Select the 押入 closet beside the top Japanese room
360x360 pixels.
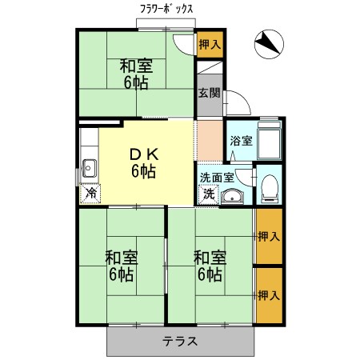(209, 45)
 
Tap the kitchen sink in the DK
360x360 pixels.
(89, 169)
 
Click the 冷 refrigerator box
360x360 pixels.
(90, 193)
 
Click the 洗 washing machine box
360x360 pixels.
(208, 193)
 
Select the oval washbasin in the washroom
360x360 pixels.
(234, 196)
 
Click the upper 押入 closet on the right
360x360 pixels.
(269, 236)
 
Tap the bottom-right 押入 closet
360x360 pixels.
(269, 295)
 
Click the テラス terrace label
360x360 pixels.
(180, 341)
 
